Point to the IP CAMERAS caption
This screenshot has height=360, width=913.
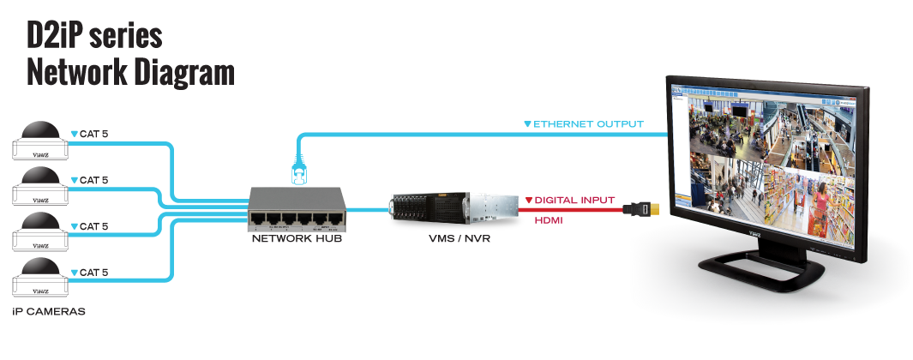(x=49, y=312)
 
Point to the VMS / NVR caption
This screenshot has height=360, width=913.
(x=453, y=240)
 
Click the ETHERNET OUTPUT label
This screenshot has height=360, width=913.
(x=587, y=124)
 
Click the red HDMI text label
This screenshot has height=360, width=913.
(x=550, y=220)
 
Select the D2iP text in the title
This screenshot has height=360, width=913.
(x=55, y=36)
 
